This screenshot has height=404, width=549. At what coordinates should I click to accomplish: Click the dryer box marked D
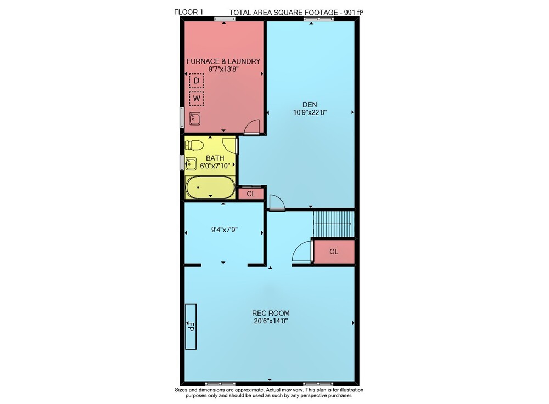click(197, 81)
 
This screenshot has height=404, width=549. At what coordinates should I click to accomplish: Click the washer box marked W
click(197, 99)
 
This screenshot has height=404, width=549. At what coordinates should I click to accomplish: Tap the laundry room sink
click(195, 119)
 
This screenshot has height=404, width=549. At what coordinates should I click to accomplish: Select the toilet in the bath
click(194, 145)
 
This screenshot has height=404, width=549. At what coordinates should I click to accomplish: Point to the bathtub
click(210, 187)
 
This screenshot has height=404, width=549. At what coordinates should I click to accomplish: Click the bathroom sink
click(191, 163)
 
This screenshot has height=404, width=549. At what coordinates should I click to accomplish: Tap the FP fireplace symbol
click(191, 326)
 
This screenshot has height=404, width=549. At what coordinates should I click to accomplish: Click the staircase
click(334, 224)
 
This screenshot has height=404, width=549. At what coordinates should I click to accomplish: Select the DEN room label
click(310, 105)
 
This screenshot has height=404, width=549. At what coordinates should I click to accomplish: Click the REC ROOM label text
click(271, 313)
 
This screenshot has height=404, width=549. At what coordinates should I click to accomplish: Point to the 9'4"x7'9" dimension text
click(225, 230)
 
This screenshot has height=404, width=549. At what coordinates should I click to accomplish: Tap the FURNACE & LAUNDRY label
click(223, 61)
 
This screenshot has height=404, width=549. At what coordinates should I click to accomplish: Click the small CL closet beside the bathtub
click(251, 194)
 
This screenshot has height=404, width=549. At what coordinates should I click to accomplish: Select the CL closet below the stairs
click(334, 252)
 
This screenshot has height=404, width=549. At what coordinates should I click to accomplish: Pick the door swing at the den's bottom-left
click(277, 202)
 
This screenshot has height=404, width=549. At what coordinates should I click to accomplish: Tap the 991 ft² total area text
click(353, 12)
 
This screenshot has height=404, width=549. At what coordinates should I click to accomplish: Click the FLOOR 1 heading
click(188, 12)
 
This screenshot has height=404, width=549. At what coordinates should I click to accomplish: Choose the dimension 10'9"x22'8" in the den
click(310, 112)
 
